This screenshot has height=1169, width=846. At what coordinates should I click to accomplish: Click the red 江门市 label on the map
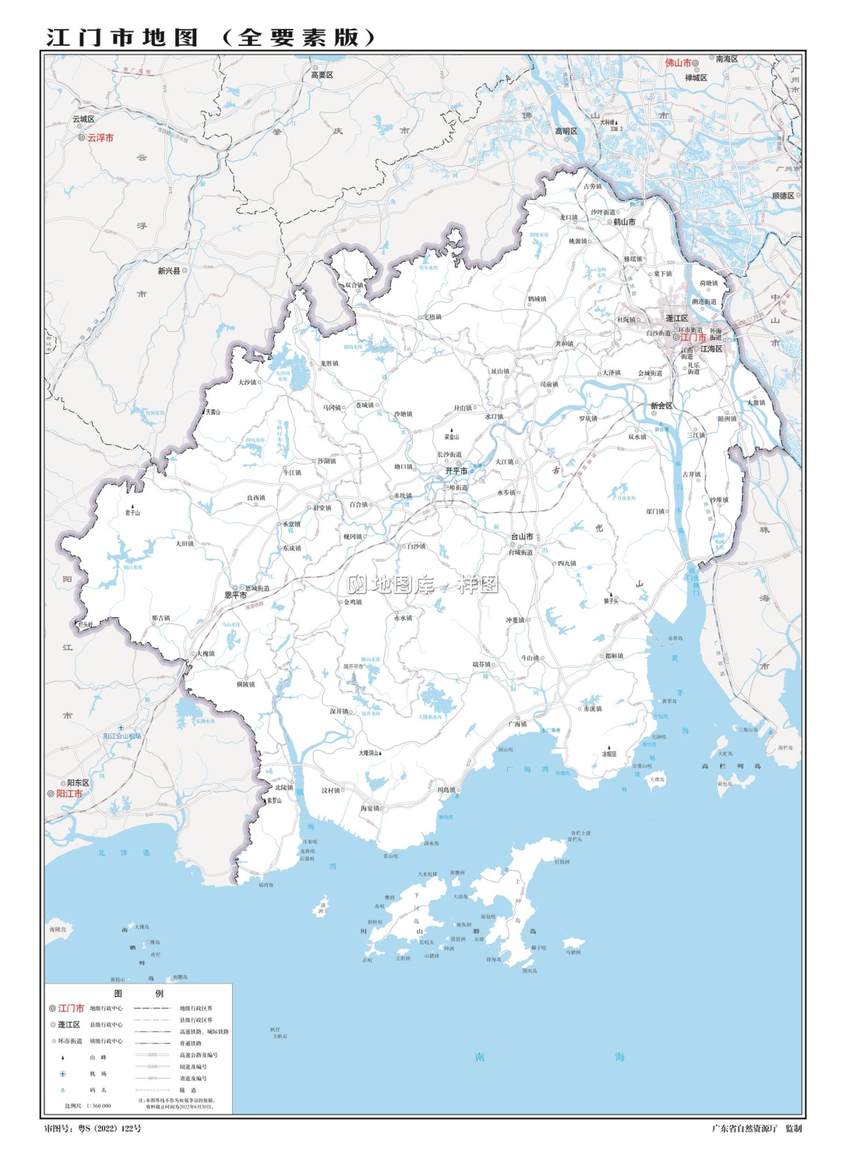point(693,337)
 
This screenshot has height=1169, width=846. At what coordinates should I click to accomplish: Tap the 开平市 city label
point(456,471)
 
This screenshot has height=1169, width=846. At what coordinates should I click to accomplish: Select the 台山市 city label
point(522,536)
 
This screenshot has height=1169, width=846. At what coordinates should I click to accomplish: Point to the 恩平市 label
point(235,595)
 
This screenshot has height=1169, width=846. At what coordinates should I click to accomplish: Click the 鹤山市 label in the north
point(624,221)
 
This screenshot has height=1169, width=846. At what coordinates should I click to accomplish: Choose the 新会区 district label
point(661,406)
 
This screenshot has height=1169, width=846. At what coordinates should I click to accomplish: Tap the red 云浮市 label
point(100,138)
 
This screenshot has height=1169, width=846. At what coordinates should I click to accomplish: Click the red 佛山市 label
point(678,62)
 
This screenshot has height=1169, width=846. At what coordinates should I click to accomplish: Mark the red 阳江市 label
point(69,794)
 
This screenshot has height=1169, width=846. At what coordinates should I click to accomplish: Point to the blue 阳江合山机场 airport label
point(122,736)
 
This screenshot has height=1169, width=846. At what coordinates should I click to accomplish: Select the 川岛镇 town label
point(446,789)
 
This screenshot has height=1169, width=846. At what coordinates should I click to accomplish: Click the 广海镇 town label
point(517,724)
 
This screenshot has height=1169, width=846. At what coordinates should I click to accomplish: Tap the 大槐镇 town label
point(206,654)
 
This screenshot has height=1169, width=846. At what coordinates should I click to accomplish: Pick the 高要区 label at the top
point(322,75)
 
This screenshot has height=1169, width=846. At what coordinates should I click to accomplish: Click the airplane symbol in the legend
point(63,1074)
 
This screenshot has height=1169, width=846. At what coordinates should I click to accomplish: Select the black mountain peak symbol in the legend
point(63,1058)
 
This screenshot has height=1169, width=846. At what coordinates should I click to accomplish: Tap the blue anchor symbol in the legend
point(63,1090)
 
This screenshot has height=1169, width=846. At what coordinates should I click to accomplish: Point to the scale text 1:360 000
point(98,1106)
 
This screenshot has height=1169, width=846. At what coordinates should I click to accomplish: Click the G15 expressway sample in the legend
point(153,1055)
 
